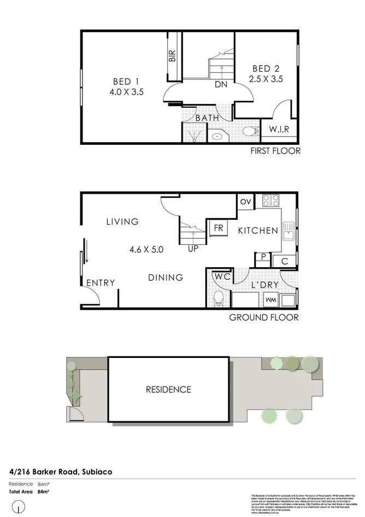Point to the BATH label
(x=207, y=117)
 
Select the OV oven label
(x=245, y=202)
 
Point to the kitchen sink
(x=288, y=233)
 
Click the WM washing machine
(x=270, y=300)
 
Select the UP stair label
(x=193, y=248)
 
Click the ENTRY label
(x=101, y=283)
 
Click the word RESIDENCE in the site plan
(x=168, y=390)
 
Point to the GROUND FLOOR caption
(x=263, y=317)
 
